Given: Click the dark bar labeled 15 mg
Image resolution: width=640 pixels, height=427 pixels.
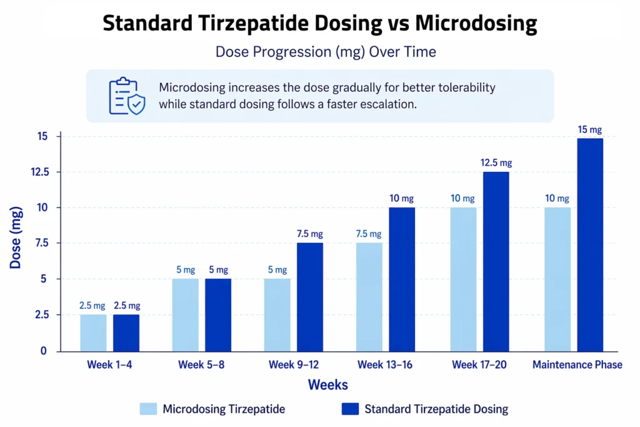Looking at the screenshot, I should tap(590, 244).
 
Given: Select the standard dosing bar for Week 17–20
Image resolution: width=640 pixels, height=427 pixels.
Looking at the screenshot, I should tap(496, 261).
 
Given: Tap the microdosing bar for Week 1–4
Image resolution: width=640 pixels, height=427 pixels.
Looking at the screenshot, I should tap(93, 333).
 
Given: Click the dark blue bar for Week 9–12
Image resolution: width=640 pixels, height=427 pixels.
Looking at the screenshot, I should tap(310, 297).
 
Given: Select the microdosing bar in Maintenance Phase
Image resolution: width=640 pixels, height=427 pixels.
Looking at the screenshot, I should tap(557, 279).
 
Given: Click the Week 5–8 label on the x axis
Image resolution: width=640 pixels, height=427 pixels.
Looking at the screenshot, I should tap(201, 364).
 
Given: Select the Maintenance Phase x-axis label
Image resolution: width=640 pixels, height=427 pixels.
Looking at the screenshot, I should tap(577, 364).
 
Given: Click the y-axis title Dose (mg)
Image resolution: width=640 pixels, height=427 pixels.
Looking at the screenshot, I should tap(16, 243).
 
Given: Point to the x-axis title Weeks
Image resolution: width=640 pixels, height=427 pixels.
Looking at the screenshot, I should tap(327, 384).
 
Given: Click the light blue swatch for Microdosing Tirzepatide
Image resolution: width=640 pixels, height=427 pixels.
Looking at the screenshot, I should tap(147, 409).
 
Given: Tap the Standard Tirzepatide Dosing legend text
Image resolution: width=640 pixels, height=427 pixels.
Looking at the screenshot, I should tap(436, 409).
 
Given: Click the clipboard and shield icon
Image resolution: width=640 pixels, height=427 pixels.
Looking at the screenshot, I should tap(126, 96).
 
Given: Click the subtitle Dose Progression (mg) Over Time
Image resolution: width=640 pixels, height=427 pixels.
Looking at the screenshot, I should tap(326, 52).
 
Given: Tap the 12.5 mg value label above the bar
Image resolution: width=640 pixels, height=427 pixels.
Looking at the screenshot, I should tap(496, 163).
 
